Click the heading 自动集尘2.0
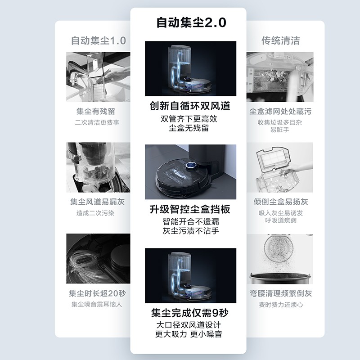coord(191,22)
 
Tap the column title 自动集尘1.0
coord(99,40)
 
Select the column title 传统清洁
coord(280,40)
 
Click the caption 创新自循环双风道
coord(190,106)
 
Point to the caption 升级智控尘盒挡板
coord(190,209)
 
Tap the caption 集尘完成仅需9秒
coord(189,313)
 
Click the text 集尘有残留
coord(96,111)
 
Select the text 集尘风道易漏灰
coord(97,202)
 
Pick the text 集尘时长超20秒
coord(97,293)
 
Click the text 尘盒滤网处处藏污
coord(280,111)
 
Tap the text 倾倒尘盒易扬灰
coord(281,202)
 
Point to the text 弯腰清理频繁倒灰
coord(281,293)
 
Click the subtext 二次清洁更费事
coord(97,122)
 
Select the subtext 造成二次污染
coord(95,213)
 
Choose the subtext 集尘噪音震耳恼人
coord(97,304)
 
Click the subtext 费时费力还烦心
coord(281,305)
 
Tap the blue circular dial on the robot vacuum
coord(191,165)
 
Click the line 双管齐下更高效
coord(189,119)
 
